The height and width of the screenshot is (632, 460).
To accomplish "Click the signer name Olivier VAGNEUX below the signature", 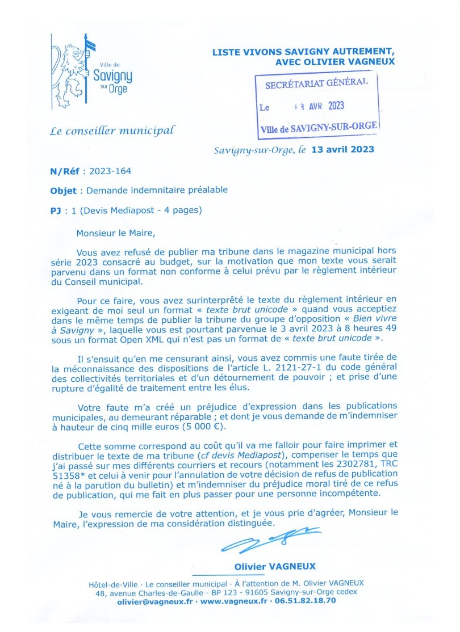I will point(275,567).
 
